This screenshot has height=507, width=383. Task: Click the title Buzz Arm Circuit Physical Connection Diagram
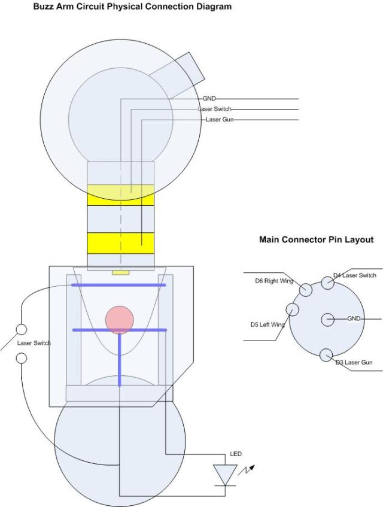(x=114, y=7)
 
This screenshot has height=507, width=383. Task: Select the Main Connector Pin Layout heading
(x=316, y=239)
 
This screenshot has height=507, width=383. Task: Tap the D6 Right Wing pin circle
(x=305, y=290)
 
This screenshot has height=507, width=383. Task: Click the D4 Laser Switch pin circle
(x=327, y=283)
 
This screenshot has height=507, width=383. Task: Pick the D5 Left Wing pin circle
(x=293, y=309)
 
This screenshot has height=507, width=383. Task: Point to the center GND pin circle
(x=327, y=319)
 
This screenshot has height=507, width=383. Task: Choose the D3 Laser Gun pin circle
(x=326, y=355)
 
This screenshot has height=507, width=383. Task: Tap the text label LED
(x=236, y=454)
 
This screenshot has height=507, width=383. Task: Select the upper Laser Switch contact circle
(x=22, y=329)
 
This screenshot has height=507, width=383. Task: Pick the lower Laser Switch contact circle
(x=22, y=358)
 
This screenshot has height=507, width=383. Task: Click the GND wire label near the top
(x=209, y=98)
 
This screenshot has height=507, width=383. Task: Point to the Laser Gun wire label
(x=220, y=120)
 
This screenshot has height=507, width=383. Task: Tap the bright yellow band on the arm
(x=120, y=243)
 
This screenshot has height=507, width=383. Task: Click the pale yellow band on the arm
(x=120, y=195)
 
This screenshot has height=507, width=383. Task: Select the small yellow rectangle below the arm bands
(x=121, y=272)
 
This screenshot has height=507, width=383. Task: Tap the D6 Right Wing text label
(x=271, y=280)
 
